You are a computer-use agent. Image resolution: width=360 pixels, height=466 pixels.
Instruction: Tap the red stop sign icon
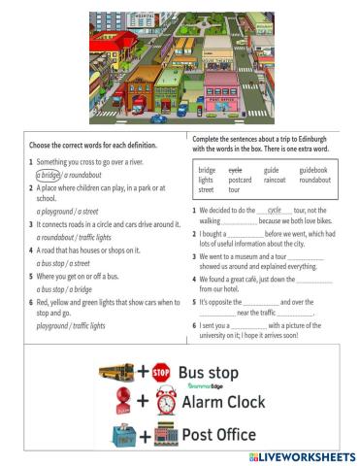161,372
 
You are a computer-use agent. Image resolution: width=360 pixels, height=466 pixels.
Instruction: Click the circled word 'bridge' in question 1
49,175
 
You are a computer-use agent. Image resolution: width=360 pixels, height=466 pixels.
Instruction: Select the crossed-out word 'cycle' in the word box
235,169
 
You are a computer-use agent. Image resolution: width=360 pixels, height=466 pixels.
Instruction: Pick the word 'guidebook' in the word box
313,169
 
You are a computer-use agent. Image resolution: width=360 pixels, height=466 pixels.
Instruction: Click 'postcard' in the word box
239,180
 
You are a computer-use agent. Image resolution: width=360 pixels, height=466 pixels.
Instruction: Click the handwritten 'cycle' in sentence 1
274,210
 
